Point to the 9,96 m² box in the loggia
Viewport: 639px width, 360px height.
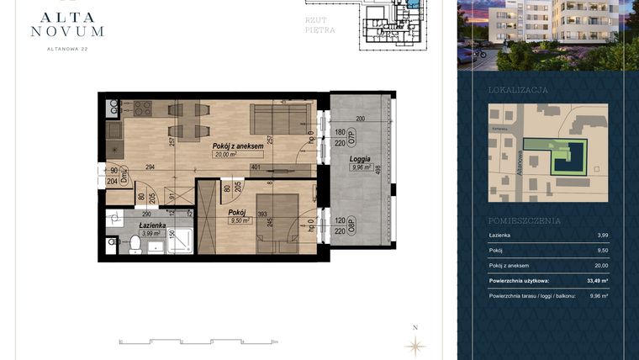361,167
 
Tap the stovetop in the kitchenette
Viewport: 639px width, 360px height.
142,109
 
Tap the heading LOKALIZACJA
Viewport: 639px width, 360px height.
518,89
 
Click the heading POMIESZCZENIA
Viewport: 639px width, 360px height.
524,220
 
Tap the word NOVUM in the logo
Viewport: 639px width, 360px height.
67,31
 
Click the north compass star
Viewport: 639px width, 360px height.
414,344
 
